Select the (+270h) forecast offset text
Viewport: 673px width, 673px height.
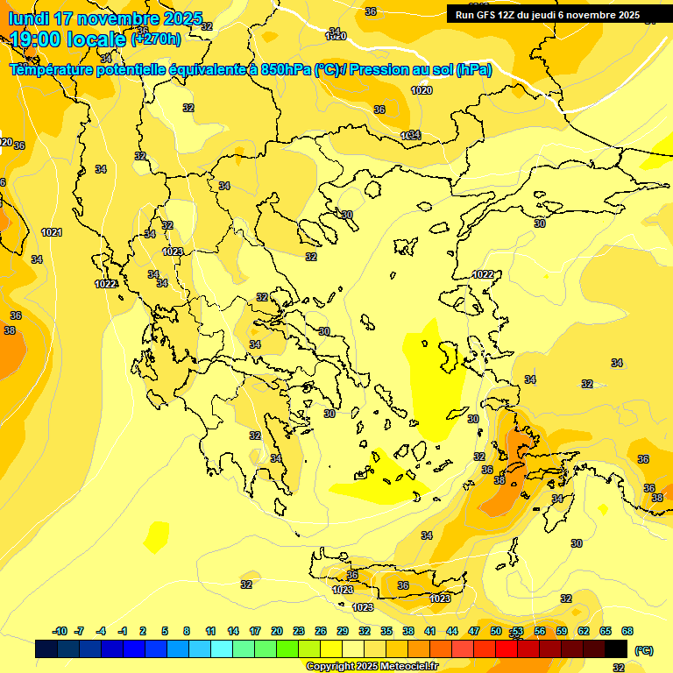coord(156,39)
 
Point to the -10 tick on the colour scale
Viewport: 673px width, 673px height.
coord(60,631)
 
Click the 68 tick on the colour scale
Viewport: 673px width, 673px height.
coord(627,631)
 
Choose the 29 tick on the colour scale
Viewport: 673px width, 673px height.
coord(343,631)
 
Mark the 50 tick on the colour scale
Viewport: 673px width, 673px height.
coord(496,631)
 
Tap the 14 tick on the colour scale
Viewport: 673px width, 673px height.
coord(233,631)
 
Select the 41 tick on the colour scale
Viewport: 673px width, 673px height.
coord(430,631)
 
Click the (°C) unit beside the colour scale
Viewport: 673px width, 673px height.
coord(644,649)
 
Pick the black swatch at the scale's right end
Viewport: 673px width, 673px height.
coord(617,648)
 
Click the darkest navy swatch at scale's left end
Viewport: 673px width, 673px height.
coord(47,648)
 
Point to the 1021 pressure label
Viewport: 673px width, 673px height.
coord(52,232)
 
